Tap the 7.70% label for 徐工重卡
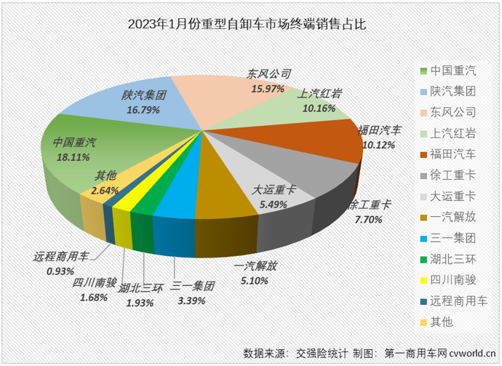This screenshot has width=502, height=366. click(368, 218)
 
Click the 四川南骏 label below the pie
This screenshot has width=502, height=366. click(92, 284)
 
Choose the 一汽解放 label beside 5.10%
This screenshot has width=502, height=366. click(255, 267)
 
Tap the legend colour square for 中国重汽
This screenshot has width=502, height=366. click(423, 71)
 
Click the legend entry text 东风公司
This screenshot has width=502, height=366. click(454, 112)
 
